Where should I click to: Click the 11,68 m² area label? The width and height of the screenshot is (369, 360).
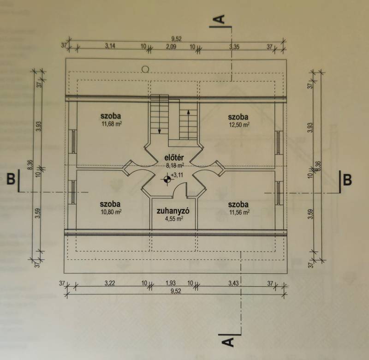[x=112, y=124]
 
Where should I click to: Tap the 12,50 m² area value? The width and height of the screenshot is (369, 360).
[x=239, y=125]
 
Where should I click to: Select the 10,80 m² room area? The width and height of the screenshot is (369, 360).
[x=111, y=212]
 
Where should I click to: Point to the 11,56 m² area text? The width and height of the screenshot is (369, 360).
[x=239, y=212]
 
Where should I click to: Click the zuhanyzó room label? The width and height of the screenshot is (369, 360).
[x=173, y=211]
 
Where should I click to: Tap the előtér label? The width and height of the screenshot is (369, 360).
[x=174, y=157]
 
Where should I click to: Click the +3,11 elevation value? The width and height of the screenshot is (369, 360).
[x=177, y=175]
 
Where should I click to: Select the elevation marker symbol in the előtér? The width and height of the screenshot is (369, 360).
[x=167, y=180]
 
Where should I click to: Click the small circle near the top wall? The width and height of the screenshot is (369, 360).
[x=145, y=69]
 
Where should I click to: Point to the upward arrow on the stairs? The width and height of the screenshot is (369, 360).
[x=188, y=124]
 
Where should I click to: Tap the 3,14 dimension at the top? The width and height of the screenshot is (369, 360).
[x=110, y=46]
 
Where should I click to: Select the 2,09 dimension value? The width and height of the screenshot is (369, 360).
[x=171, y=46]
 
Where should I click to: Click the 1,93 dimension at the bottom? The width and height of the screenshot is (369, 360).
[x=170, y=283]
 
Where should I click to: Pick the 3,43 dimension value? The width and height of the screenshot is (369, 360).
[x=234, y=283]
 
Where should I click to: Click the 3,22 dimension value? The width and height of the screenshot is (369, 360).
[x=110, y=283]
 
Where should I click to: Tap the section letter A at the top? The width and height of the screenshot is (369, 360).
[x=220, y=19]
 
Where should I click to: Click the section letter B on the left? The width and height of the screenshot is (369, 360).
[x=11, y=179]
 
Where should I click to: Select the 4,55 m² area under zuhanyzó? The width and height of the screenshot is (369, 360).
[x=174, y=219]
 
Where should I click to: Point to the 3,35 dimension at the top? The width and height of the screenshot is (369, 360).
[x=234, y=47]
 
